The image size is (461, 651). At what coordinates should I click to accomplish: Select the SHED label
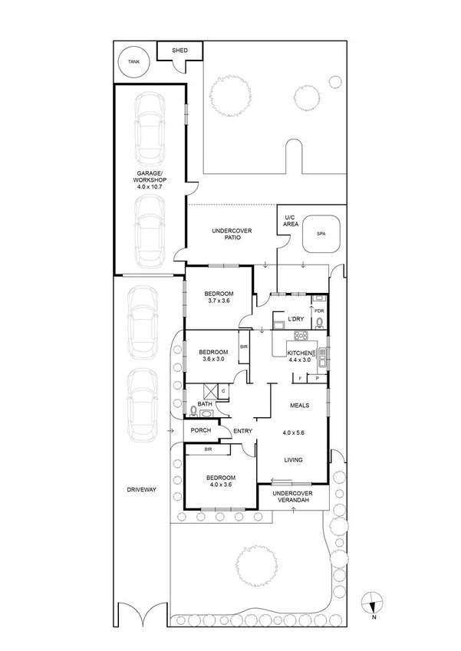click(179, 51)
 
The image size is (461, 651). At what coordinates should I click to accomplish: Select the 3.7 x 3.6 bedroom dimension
click(218, 301)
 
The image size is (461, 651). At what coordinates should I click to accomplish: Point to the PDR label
click(320, 311)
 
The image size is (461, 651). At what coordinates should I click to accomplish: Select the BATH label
click(205, 404)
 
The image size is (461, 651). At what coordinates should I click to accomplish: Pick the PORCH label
click(201, 430)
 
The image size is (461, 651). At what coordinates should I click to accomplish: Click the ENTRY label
click(242, 431)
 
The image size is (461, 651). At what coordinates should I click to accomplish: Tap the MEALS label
click(299, 405)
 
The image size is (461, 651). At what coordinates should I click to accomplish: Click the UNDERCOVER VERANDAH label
click(292, 497)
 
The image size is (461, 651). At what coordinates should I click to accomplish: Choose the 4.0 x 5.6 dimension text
click(294, 432)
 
